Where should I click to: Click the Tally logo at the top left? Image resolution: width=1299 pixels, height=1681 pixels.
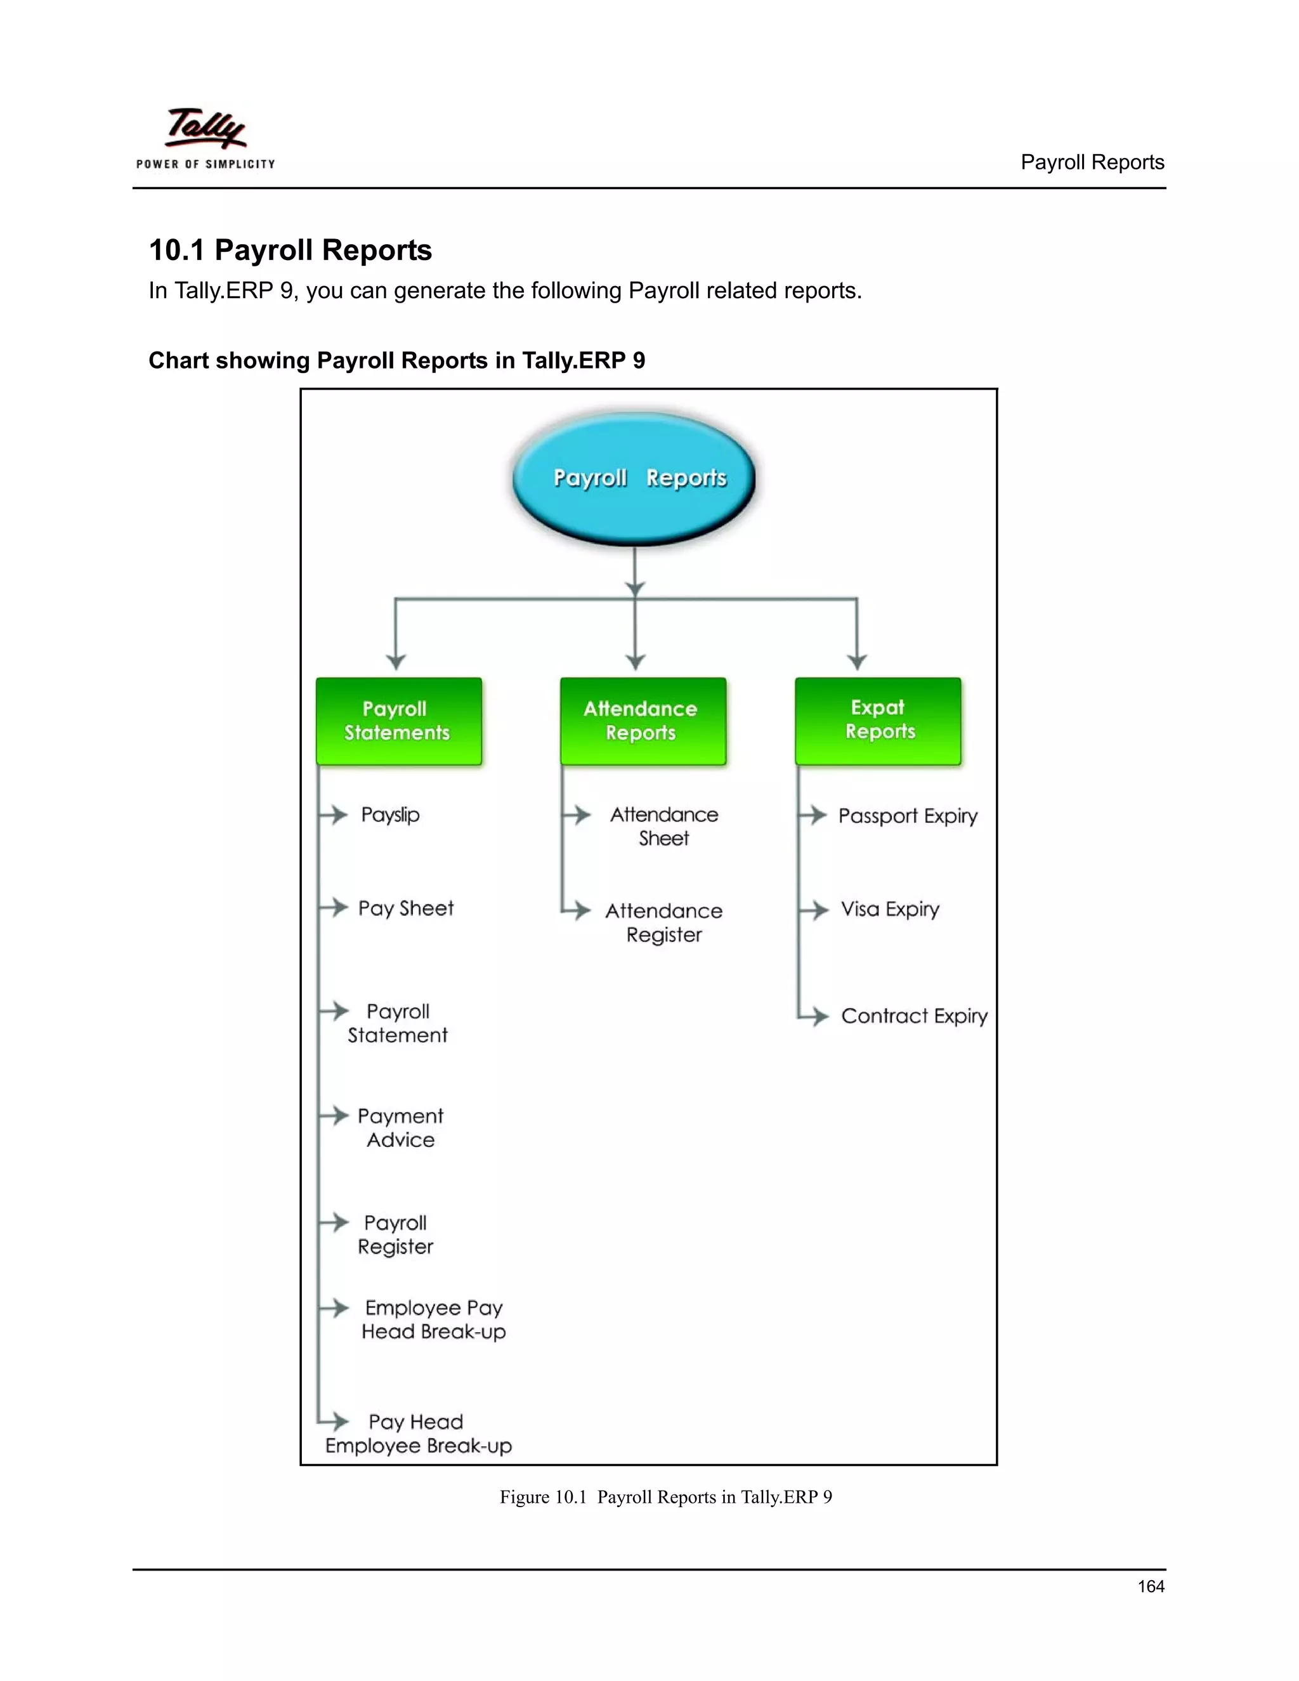[x=206, y=137]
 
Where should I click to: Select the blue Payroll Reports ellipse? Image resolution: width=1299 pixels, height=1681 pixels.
[x=634, y=478]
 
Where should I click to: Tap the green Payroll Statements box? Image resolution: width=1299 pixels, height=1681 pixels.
[x=398, y=721]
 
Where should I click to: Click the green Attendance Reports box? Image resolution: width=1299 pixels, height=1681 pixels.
[x=643, y=721]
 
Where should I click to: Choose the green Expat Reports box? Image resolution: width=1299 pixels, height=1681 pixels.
[x=878, y=721]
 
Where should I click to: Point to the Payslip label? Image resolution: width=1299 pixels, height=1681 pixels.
[x=390, y=815]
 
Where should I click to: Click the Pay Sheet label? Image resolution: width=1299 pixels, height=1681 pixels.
[x=405, y=909]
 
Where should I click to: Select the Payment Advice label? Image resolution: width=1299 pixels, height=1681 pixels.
[x=400, y=1128]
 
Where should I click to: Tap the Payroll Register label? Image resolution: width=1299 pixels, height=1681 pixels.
[x=396, y=1234]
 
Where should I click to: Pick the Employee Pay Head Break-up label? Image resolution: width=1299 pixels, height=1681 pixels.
[x=434, y=1320]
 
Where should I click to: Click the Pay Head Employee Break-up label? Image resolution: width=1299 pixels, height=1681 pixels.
[x=418, y=1434]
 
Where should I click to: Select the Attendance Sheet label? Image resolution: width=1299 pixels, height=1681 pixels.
[x=664, y=827]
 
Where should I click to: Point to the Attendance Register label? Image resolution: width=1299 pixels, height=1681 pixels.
[x=664, y=923]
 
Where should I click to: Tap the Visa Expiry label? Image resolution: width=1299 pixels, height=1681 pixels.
[x=890, y=910]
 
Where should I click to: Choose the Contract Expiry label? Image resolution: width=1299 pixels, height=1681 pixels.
[x=914, y=1017]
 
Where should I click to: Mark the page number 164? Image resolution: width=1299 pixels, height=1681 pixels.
[x=1151, y=1586]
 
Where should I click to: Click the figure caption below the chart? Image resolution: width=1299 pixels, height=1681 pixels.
[x=665, y=1497]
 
